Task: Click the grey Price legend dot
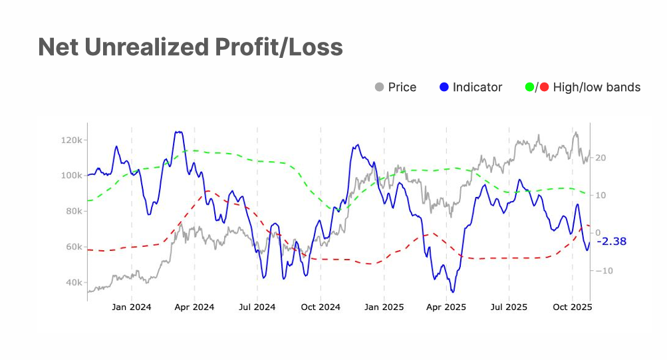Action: (380, 87)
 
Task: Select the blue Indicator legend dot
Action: (445, 87)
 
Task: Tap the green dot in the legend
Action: (530, 87)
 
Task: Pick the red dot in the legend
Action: (545, 87)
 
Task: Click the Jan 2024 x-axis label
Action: (132, 307)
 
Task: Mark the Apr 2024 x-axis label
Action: (194, 307)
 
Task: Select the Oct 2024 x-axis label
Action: (321, 307)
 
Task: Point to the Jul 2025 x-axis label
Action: (509, 307)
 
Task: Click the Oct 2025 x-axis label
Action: (573, 307)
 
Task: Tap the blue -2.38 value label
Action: (612, 242)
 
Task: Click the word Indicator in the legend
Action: (477, 87)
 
